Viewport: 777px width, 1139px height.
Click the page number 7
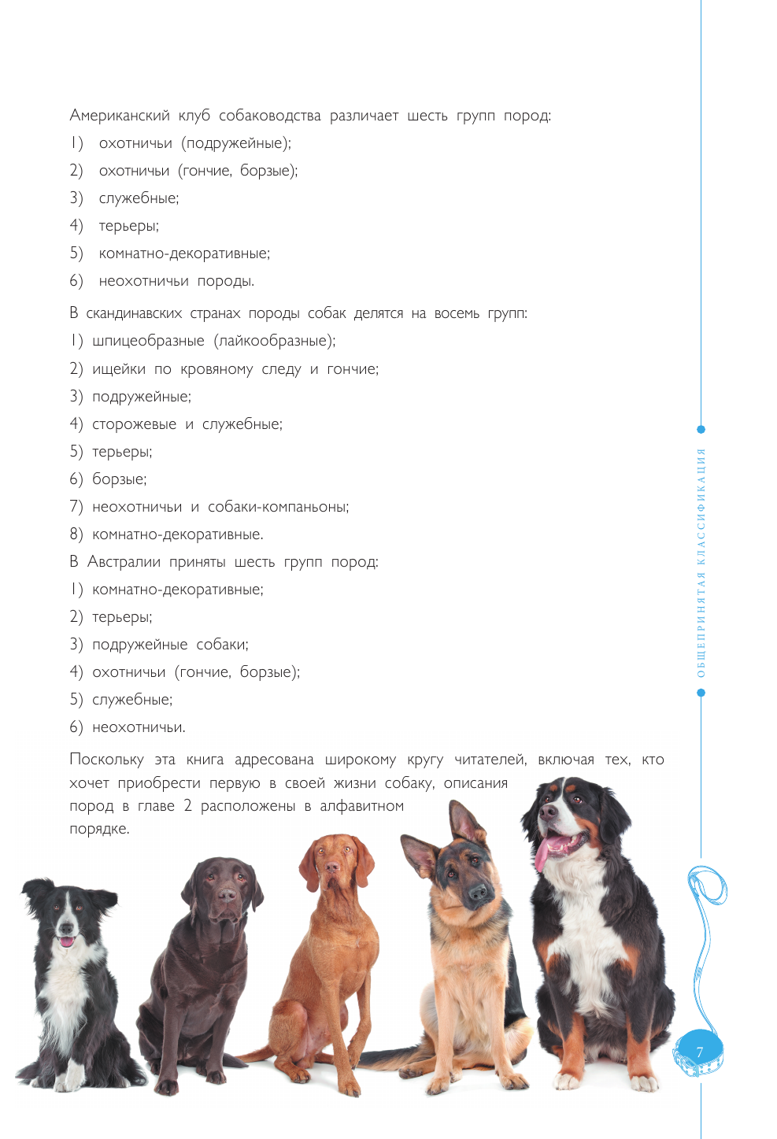coord(699,1052)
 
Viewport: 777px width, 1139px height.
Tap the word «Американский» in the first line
coord(120,116)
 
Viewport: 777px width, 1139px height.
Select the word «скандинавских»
coord(133,313)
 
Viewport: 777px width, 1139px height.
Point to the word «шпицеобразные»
coord(148,341)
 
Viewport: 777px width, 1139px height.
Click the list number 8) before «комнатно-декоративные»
coord(76,534)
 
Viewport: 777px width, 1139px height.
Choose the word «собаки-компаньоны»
coord(278,507)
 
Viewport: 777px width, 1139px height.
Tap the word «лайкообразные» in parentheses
coord(273,341)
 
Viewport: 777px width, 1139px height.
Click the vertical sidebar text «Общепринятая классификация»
coord(701,562)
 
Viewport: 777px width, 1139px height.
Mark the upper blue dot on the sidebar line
coord(701,430)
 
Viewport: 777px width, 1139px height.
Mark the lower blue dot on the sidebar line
coord(701,693)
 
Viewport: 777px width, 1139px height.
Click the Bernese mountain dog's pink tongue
coord(543,853)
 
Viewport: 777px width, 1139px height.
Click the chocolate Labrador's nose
coord(227,895)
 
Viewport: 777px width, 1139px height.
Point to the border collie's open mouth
coord(67,940)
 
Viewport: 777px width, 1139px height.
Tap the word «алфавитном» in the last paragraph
coord(361,806)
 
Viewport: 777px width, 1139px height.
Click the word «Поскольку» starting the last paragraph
coord(106,760)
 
